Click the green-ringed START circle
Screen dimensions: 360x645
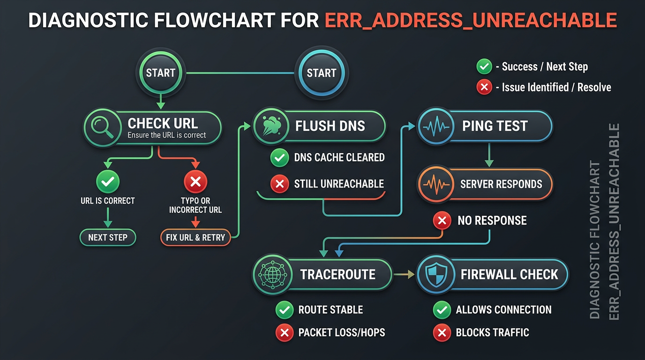click(x=160, y=73)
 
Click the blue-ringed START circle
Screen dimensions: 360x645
click(x=321, y=73)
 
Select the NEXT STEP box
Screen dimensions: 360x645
click(x=108, y=237)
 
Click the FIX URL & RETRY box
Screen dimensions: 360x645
click(x=195, y=237)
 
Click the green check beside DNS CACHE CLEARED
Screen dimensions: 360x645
click(x=280, y=158)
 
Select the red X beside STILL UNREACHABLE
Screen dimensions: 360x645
click(x=280, y=184)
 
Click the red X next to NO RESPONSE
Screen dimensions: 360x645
click(x=442, y=221)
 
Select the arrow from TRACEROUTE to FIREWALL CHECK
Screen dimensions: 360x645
click(x=405, y=275)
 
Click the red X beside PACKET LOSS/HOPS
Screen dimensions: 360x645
click(x=284, y=333)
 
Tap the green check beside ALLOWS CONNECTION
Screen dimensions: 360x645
click(x=442, y=310)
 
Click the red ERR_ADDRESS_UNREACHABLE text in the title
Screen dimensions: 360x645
click(x=471, y=21)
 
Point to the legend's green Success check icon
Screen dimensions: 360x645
click(x=484, y=67)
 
